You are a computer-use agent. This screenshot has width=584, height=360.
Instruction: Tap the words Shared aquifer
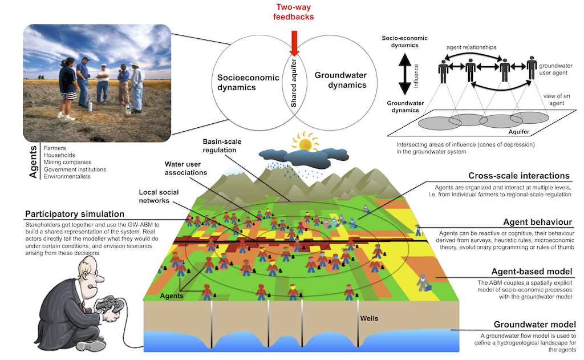click(294, 83)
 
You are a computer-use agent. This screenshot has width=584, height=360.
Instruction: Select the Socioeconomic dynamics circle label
click(248, 82)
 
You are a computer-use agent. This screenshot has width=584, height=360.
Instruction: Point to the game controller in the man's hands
click(109, 304)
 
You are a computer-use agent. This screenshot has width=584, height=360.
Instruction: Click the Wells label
click(369, 318)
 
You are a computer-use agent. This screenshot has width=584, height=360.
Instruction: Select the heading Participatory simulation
click(75, 214)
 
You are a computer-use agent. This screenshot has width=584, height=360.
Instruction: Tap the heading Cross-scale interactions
click(519, 176)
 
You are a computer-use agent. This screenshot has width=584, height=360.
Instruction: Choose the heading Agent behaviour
click(537, 222)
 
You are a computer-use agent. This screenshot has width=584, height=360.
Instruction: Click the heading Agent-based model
click(532, 272)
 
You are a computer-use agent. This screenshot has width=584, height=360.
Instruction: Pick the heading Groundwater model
click(534, 324)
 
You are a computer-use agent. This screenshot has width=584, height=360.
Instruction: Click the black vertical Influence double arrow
click(405, 74)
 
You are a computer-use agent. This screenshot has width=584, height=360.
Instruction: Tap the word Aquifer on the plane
click(519, 132)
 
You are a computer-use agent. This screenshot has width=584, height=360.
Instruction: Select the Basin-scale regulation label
click(222, 145)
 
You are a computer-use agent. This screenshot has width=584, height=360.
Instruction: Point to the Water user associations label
click(186, 168)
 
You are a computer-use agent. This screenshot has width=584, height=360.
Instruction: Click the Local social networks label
click(159, 196)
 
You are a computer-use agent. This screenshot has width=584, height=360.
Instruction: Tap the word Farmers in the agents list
click(55, 148)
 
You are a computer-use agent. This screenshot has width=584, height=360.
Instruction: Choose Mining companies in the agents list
click(67, 162)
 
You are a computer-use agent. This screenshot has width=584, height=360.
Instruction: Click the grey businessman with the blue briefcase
click(423, 282)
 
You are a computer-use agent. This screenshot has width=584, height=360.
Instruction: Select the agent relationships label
click(471, 47)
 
